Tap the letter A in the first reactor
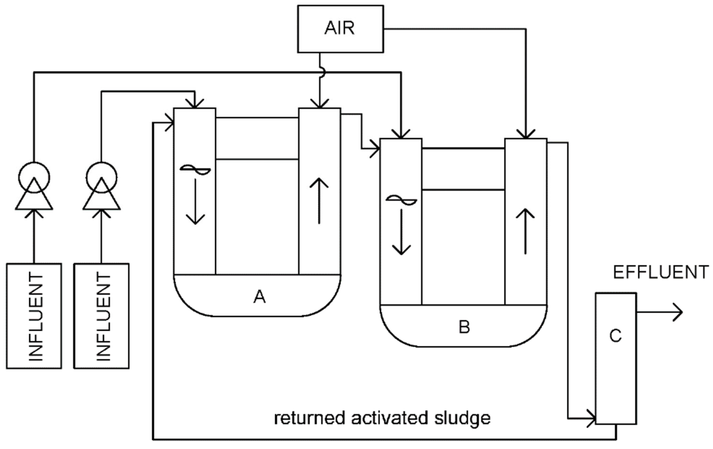pyautogui.click(x=259, y=297)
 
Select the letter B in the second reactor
pyautogui.click(x=464, y=327)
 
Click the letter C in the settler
pyautogui.click(x=615, y=336)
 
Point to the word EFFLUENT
pyautogui.click(x=661, y=272)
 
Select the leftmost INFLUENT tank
pyautogui.click(x=34, y=316)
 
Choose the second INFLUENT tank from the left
pyautogui.click(x=101, y=316)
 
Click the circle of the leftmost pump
pyautogui.click(x=34, y=177)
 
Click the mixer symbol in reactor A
pyautogui.click(x=195, y=170)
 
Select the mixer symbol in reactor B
pyautogui.click(x=401, y=200)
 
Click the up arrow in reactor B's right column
pyautogui.click(x=525, y=231)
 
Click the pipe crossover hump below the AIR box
pyautogui.click(x=323, y=72)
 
